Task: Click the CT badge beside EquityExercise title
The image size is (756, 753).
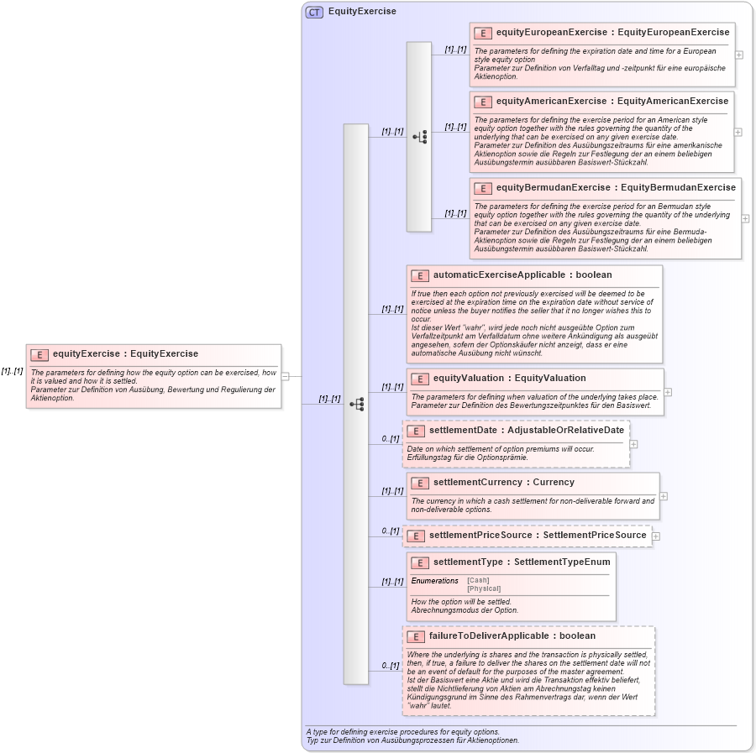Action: point(314,12)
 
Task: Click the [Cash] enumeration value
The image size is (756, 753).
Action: point(478,580)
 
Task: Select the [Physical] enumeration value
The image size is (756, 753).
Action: point(484,588)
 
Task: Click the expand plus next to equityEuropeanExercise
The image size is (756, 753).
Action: point(738,55)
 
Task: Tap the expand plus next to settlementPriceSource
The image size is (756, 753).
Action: point(656,536)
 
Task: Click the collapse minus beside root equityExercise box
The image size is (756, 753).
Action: point(285,376)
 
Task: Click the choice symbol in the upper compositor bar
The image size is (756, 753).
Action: point(419,136)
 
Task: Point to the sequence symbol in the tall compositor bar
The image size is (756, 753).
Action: point(356,404)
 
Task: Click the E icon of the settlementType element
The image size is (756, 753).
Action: point(419,562)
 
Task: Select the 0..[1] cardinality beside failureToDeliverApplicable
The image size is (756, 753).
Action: point(390,666)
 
